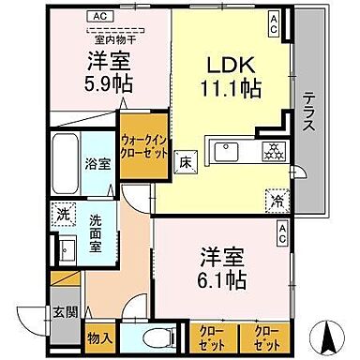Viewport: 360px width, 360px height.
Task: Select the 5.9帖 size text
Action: (111, 82)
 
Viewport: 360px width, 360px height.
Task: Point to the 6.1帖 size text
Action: (223, 280)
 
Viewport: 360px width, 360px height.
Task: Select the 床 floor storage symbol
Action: (185, 162)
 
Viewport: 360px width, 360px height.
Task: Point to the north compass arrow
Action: (330, 333)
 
